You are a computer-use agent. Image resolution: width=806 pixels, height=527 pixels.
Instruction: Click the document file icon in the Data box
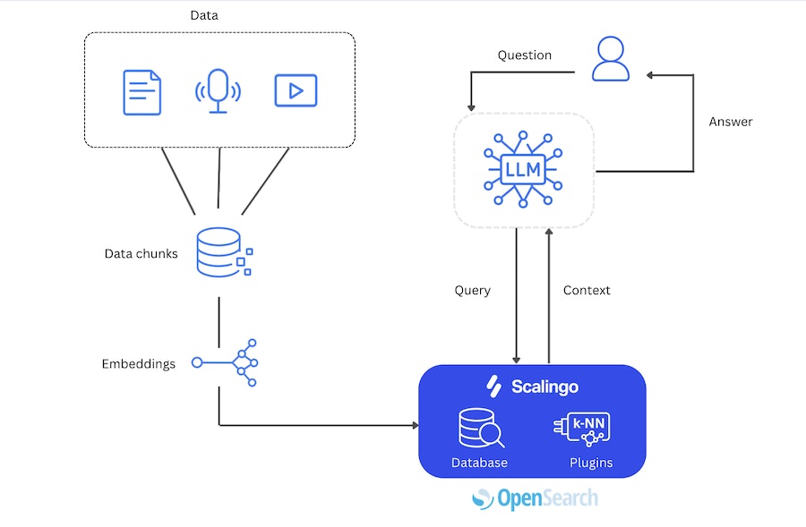click(x=141, y=91)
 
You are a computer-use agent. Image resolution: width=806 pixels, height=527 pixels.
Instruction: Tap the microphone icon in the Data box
click(x=218, y=90)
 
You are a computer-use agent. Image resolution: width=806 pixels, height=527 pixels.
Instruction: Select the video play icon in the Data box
click(x=296, y=91)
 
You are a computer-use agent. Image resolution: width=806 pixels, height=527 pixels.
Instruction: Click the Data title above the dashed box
click(x=204, y=15)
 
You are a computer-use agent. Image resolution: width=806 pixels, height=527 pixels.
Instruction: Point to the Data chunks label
click(x=141, y=254)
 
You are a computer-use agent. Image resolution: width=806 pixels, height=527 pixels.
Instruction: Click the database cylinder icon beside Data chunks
click(x=220, y=251)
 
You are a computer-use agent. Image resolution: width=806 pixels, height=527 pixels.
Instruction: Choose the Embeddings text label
click(x=138, y=364)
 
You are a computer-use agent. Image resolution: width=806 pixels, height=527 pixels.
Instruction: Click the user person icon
click(x=611, y=60)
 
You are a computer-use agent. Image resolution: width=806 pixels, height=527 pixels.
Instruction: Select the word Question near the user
click(x=525, y=55)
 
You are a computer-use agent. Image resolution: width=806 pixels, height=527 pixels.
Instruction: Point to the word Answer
click(x=731, y=122)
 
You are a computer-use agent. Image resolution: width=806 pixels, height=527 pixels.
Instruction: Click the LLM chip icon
click(x=523, y=168)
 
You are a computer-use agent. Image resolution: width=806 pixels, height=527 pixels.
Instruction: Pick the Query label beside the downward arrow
click(x=473, y=291)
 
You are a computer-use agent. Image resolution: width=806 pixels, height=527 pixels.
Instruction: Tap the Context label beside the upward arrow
click(x=587, y=291)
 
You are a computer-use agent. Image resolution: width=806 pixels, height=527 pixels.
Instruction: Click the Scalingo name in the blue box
click(x=544, y=387)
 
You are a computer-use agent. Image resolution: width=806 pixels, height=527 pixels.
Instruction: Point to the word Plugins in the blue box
click(x=591, y=463)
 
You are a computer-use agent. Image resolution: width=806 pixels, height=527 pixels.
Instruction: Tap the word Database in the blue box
click(x=479, y=463)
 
